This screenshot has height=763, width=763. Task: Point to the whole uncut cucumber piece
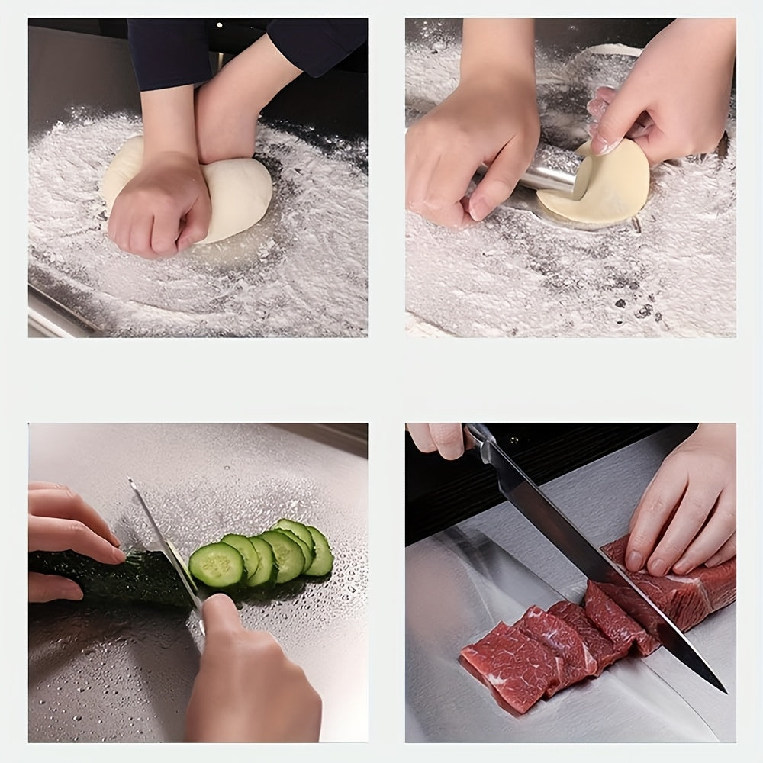click(x=114, y=576)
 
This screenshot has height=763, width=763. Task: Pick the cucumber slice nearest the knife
click(x=216, y=565)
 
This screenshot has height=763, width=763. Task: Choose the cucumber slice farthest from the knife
click(x=319, y=551)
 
